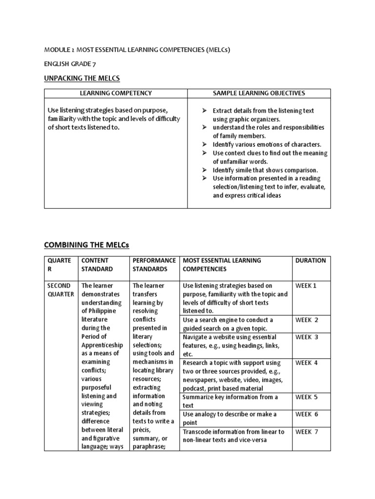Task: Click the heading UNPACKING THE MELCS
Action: (x=82, y=78)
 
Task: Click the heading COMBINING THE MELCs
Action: (x=87, y=244)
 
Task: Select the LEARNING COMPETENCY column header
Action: (x=116, y=93)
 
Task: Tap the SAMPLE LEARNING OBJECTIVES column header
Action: (x=259, y=93)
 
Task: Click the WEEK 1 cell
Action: (x=306, y=286)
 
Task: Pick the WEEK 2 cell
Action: (x=307, y=320)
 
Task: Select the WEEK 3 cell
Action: (x=307, y=337)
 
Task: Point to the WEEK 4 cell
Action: (x=307, y=363)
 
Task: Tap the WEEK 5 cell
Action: (x=307, y=397)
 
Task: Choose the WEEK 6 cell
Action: (x=307, y=414)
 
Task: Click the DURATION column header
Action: (x=311, y=260)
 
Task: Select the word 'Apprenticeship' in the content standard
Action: (x=103, y=345)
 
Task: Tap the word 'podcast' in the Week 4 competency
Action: (x=194, y=388)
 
